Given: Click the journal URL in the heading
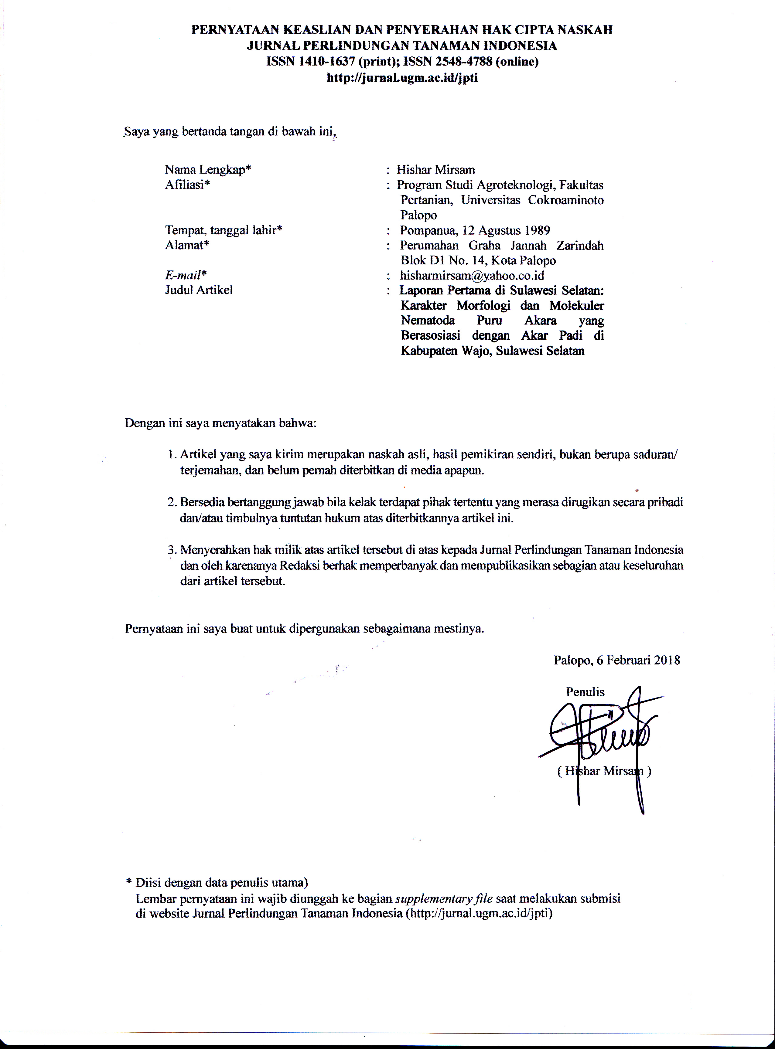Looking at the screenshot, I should click(402, 77).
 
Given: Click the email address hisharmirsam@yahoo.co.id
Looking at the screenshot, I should click(472, 275).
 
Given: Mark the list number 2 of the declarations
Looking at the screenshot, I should click(172, 502).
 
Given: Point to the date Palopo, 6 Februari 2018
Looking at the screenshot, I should click(616, 660).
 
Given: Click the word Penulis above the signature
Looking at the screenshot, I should click(585, 692).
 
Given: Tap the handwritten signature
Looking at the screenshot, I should click(600, 732).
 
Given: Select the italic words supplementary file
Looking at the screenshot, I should click(444, 898).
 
